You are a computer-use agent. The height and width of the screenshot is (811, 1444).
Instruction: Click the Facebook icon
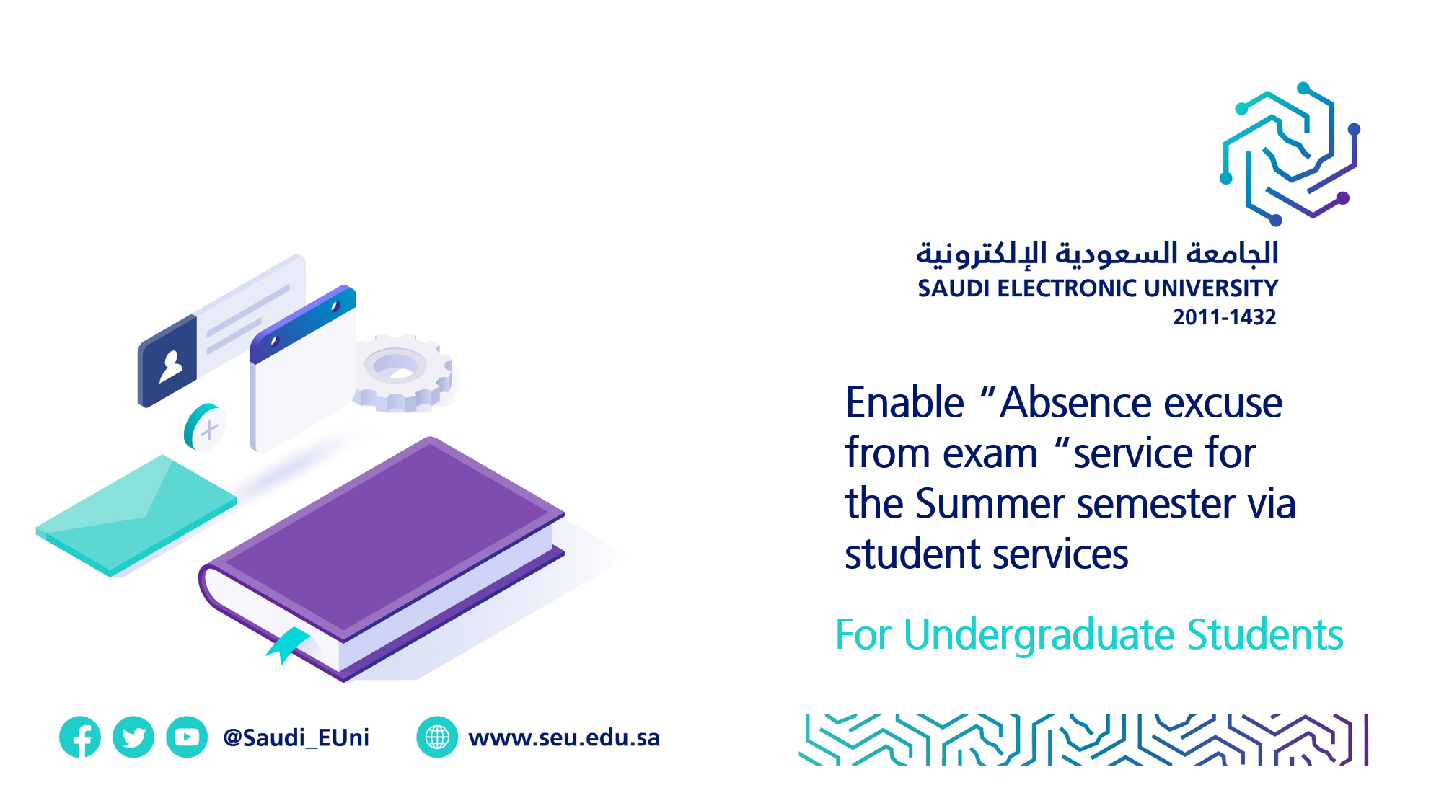pyautogui.click(x=80, y=737)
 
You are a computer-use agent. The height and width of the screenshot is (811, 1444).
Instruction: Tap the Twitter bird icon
pyautogui.click(x=133, y=737)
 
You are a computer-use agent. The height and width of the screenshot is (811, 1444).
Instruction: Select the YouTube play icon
pyautogui.click(x=187, y=737)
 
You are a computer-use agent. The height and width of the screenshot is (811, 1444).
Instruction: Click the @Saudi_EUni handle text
pyautogui.click(x=296, y=737)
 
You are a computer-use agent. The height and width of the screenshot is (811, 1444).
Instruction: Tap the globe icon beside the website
pyautogui.click(x=437, y=737)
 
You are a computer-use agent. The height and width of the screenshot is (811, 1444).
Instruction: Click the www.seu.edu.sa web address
pyautogui.click(x=564, y=737)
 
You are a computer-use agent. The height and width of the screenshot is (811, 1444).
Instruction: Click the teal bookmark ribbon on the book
pyautogui.click(x=289, y=643)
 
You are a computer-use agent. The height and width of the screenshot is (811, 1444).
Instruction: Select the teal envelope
pyautogui.click(x=137, y=513)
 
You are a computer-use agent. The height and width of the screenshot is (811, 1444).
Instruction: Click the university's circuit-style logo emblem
pyautogui.click(x=1290, y=153)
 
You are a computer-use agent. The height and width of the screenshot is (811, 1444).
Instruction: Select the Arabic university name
pyautogui.click(x=1096, y=254)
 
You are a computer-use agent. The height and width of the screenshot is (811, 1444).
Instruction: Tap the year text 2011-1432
pyautogui.click(x=1224, y=317)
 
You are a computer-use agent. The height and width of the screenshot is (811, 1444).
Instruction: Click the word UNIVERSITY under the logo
pyautogui.click(x=1210, y=288)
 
